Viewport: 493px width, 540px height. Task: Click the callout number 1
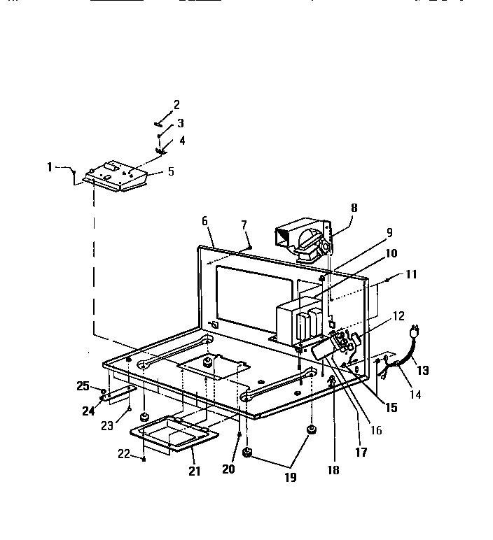pyautogui.click(x=50, y=166)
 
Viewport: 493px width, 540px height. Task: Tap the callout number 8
pyautogui.click(x=354, y=207)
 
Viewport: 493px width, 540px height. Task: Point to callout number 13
pyautogui.click(x=423, y=370)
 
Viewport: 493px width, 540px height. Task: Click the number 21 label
pyautogui.click(x=194, y=471)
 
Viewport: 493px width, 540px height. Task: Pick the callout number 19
pyautogui.click(x=290, y=478)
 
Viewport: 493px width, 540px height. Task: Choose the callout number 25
pyautogui.click(x=83, y=385)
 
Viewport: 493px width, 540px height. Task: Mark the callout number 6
pyautogui.click(x=204, y=220)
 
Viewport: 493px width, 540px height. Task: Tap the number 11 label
pyautogui.click(x=410, y=274)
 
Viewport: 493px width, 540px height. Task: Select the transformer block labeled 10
pyautogui.click(x=294, y=322)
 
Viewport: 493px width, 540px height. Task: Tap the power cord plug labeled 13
pyautogui.click(x=414, y=329)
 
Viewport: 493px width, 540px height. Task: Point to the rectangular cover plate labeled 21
pyautogui.click(x=175, y=433)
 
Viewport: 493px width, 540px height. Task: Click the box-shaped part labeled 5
pyautogui.click(x=116, y=178)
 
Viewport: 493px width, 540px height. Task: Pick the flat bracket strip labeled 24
pyautogui.click(x=118, y=394)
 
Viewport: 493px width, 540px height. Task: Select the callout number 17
pyautogui.click(x=361, y=453)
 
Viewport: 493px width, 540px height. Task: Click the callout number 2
pyautogui.click(x=176, y=105)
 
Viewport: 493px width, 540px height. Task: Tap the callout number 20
pyautogui.click(x=228, y=469)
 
